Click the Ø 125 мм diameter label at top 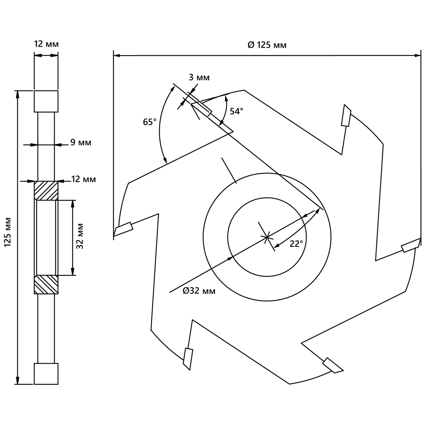267,45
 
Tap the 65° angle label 149,122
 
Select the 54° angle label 236,111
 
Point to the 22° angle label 296,244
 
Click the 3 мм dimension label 199,78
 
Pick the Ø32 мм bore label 199,291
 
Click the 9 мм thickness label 81,142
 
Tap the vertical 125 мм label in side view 8,232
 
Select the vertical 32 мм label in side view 80,236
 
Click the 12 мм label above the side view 46,44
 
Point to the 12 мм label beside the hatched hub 84,179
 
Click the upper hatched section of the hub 46,191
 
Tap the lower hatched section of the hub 46,285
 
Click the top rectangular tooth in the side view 46,101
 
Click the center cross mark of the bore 267,237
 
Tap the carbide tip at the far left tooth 123,228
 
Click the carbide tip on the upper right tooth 346,115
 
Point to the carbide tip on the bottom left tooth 188,359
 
